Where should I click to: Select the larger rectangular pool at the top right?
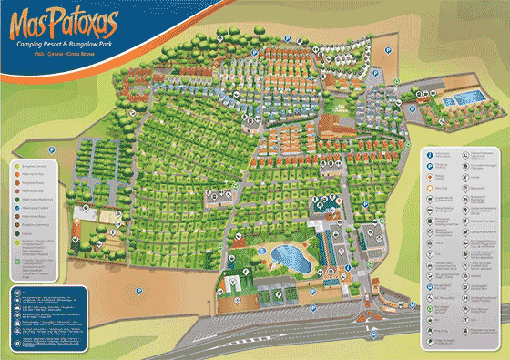tap(470, 97)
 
